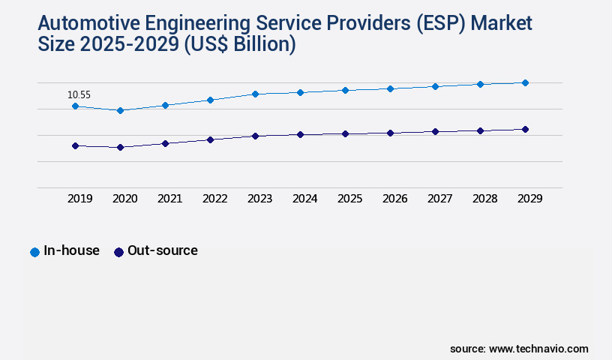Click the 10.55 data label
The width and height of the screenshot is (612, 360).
tap(79, 95)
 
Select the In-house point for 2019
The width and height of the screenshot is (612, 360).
tap(75, 106)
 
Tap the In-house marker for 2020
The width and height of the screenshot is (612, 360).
tap(120, 110)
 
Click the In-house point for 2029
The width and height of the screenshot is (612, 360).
tap(525, 82)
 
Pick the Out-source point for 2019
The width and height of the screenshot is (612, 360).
tap(75, 145)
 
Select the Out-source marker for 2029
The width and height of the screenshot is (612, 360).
tap(525, 129)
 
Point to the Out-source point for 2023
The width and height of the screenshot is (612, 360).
tap(255, 136)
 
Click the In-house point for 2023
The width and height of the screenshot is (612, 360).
tap(255, 94)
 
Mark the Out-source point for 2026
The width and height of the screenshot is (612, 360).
tap(390, 133)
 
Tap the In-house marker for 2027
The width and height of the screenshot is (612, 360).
tap(435, 86)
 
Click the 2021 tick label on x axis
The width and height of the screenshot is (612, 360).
tap(169, 199)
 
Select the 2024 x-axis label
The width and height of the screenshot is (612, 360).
tap(304, 199)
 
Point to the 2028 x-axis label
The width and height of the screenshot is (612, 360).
tap(484, 199)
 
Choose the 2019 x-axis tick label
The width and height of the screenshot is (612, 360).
tap(79, 199)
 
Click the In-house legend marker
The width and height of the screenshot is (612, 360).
tap(34, 252)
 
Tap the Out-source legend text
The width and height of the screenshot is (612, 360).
tap(163, 250)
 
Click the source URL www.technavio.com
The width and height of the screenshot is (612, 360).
tap(538, 349)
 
